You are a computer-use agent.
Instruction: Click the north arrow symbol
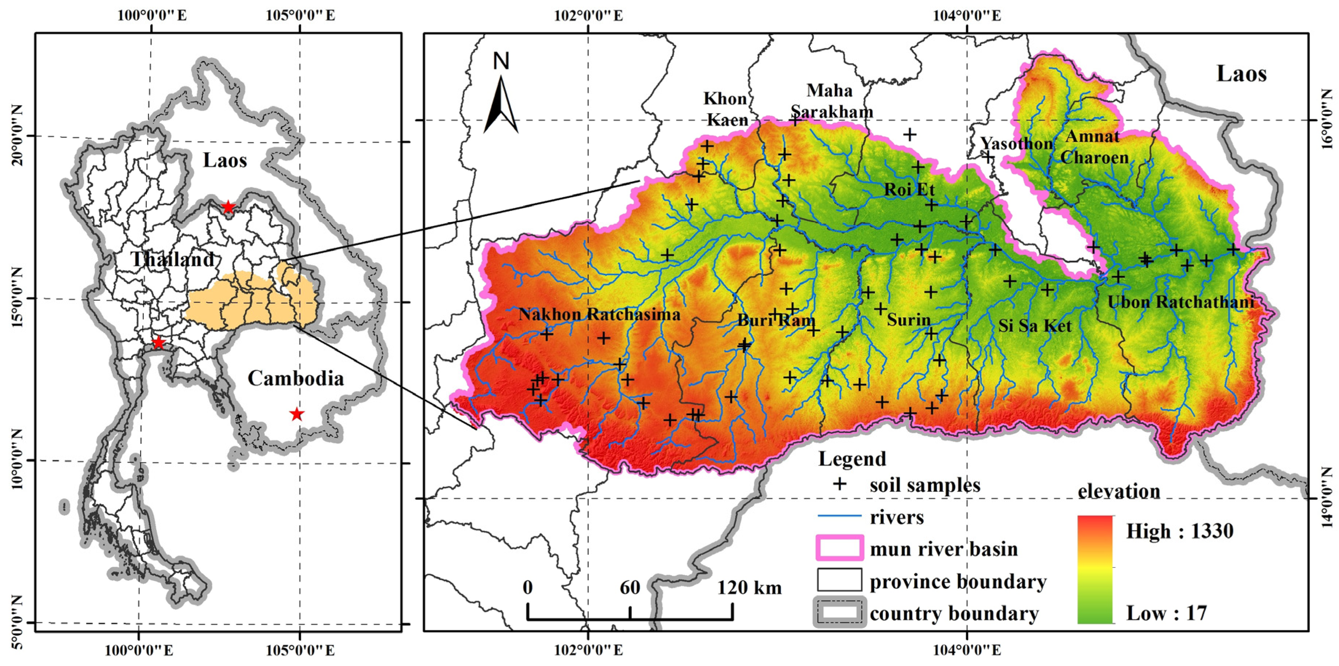(500, 104)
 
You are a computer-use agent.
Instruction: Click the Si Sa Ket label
(1034, 326)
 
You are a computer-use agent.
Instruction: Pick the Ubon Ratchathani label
(1180, 302)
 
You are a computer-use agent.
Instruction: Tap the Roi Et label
(909, 190)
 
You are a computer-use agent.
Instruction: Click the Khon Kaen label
(726, 109)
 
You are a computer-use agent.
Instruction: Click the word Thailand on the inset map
(172, 259)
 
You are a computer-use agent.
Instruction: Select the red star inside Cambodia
(297, 414)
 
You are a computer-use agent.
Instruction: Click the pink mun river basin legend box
(839, 548)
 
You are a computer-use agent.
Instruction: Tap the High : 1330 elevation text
(1179, 531)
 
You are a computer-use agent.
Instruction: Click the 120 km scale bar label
(749, 587)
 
